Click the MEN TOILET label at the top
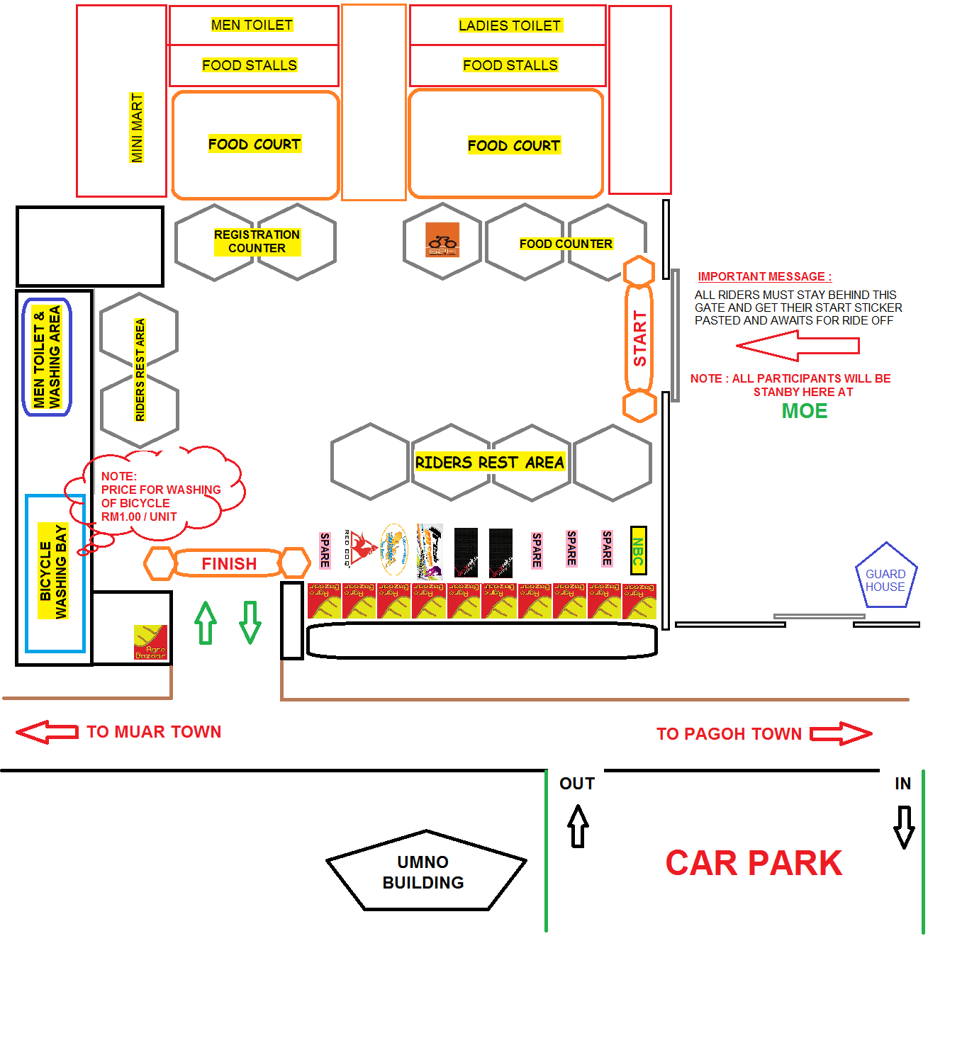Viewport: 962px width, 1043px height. (x=252, y=25)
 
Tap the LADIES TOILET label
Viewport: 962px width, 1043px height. (x=510, y=26)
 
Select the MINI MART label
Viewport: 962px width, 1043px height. (x=137, y=128)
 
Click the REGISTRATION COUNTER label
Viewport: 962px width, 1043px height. (x=257, y=242)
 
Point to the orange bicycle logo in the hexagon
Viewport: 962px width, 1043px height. (x=442, y=240)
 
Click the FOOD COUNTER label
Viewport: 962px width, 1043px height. (x=566, y=244)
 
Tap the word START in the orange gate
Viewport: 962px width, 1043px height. (x=639, y=339)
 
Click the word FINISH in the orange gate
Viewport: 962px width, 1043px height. (x=229, y=564)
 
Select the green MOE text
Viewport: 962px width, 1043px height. (x=805, y=411)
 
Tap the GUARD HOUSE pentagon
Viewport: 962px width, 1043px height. (x=885, y=577)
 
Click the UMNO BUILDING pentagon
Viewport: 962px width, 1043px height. (x=425, y=872)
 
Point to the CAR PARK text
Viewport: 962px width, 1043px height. (x=754, y=863)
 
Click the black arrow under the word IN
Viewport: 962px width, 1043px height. (x=904, y=826)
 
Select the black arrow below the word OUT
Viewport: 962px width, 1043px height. (x=578, y=825)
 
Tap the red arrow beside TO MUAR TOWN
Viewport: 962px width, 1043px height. (x=47, y=732)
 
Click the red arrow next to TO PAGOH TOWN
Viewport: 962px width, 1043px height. (x=841, y=733)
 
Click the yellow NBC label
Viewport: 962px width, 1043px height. (x=638, y=550)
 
